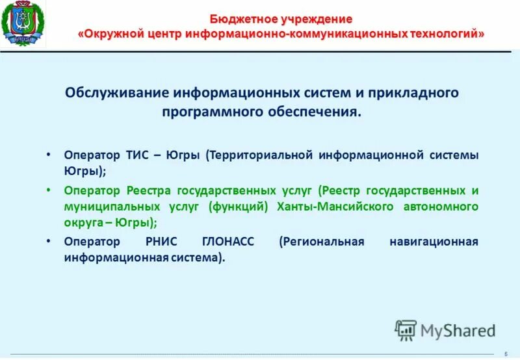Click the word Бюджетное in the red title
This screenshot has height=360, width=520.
click(x=238, y=19)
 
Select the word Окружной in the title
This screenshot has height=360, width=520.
click(x=113, y=33)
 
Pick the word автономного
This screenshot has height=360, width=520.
click(x=441, y=207)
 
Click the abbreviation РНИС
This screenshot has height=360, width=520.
click(x=164, y=242)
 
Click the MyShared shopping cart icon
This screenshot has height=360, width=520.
click(x=406, y=330)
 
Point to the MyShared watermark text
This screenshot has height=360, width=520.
click(x=458, y=331)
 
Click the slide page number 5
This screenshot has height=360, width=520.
click(x=506, y=354)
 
